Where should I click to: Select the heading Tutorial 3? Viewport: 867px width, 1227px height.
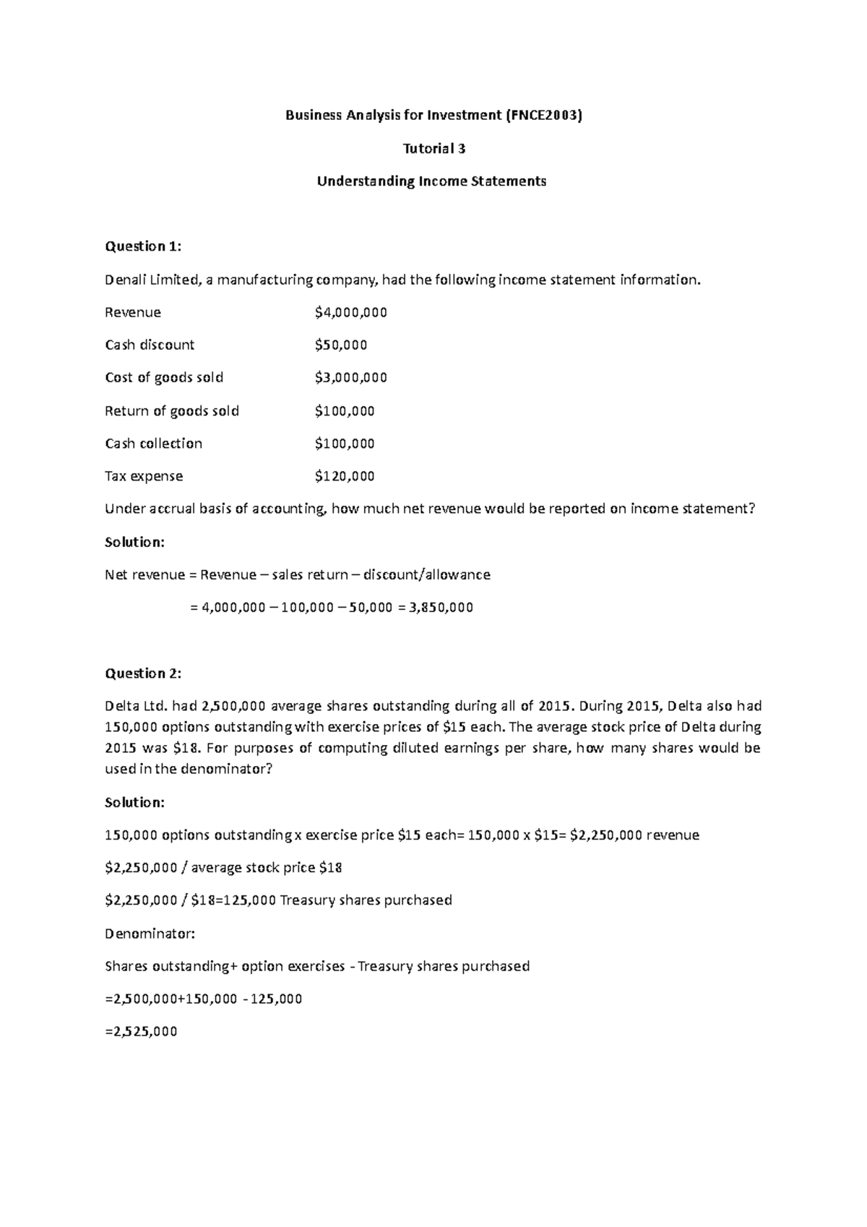click(433, 148)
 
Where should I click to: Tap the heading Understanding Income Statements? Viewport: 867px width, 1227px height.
click(432, 181)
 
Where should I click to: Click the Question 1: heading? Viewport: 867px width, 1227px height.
click(143, 246)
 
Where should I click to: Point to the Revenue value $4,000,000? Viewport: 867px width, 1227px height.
click(351, 312)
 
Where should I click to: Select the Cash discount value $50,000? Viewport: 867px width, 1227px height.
click(341, 345)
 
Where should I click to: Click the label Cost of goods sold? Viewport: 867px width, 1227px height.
click(164, 377)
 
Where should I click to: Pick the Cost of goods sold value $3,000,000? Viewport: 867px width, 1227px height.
click(351, 377)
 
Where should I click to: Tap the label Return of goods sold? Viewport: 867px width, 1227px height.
click(172, 410)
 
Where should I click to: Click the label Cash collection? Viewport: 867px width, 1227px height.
click(153, 443)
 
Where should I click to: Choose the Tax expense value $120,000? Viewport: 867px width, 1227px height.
click(345, 475)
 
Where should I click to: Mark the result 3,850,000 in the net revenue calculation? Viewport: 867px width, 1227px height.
click(441, 607)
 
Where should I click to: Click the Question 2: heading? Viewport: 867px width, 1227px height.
click(143, 673)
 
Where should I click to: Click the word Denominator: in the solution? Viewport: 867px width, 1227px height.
click(150, 933)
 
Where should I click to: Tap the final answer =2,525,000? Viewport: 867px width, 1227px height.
click(141, 1031)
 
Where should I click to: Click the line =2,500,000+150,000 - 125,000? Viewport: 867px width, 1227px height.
click(203, 999)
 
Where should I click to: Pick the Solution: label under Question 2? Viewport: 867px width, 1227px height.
click(135, 802)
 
